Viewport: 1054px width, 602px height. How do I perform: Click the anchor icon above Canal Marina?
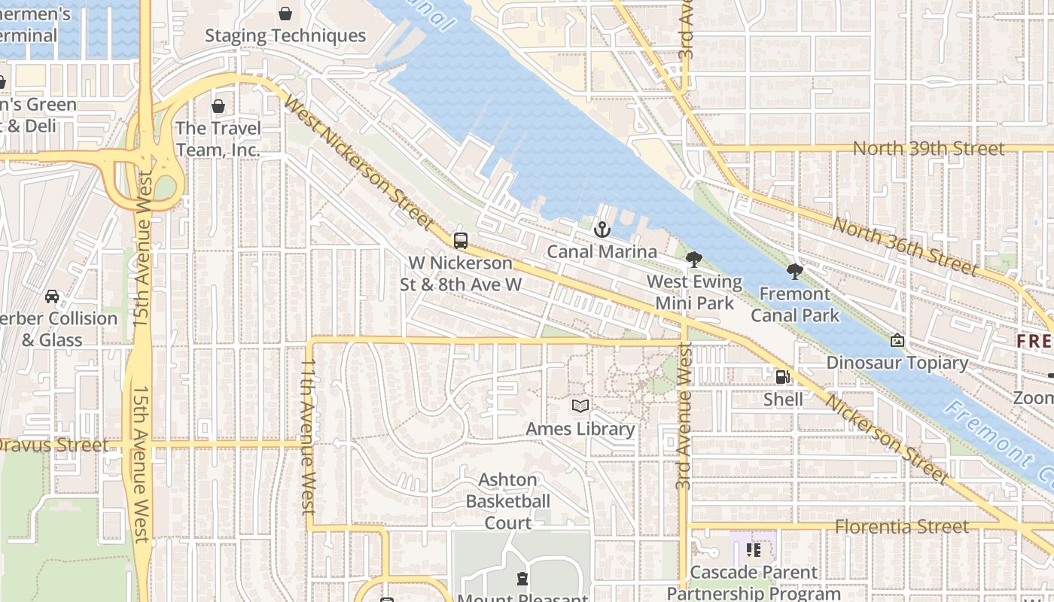(x=602, y=230)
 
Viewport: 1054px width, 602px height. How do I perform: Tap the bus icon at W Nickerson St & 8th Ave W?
(x=461, y=241)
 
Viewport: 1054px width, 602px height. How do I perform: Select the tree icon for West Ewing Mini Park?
(x=694, y=260)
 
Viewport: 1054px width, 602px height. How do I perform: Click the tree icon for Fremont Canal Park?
(x=794, y=272)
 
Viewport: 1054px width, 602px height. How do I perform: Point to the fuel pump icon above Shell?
(x=783, y=377)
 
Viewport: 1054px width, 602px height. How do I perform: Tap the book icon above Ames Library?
(x=580, y=406)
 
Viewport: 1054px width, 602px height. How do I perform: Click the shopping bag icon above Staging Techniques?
(x=285, y=14)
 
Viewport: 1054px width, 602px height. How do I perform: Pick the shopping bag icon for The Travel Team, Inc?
(x=218, y=106)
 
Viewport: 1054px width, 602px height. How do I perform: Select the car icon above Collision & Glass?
(x=52, y=296)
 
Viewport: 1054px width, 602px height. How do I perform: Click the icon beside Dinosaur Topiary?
(x=897, y=341)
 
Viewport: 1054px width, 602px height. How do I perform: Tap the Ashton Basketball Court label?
(x=508, y=501)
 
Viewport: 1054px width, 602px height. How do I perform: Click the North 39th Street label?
(x=928, y=148)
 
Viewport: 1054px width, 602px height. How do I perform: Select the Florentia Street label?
(x=902, y=527)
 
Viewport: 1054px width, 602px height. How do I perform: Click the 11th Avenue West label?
(x=308, y=436)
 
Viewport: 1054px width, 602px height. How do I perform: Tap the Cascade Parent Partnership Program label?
(x=754, y=582)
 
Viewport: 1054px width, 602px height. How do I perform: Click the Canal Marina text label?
(x=602, y=251)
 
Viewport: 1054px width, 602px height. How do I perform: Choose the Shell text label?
(x=783, y=399)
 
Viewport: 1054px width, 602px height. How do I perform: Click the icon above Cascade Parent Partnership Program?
(x=754, y=550)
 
